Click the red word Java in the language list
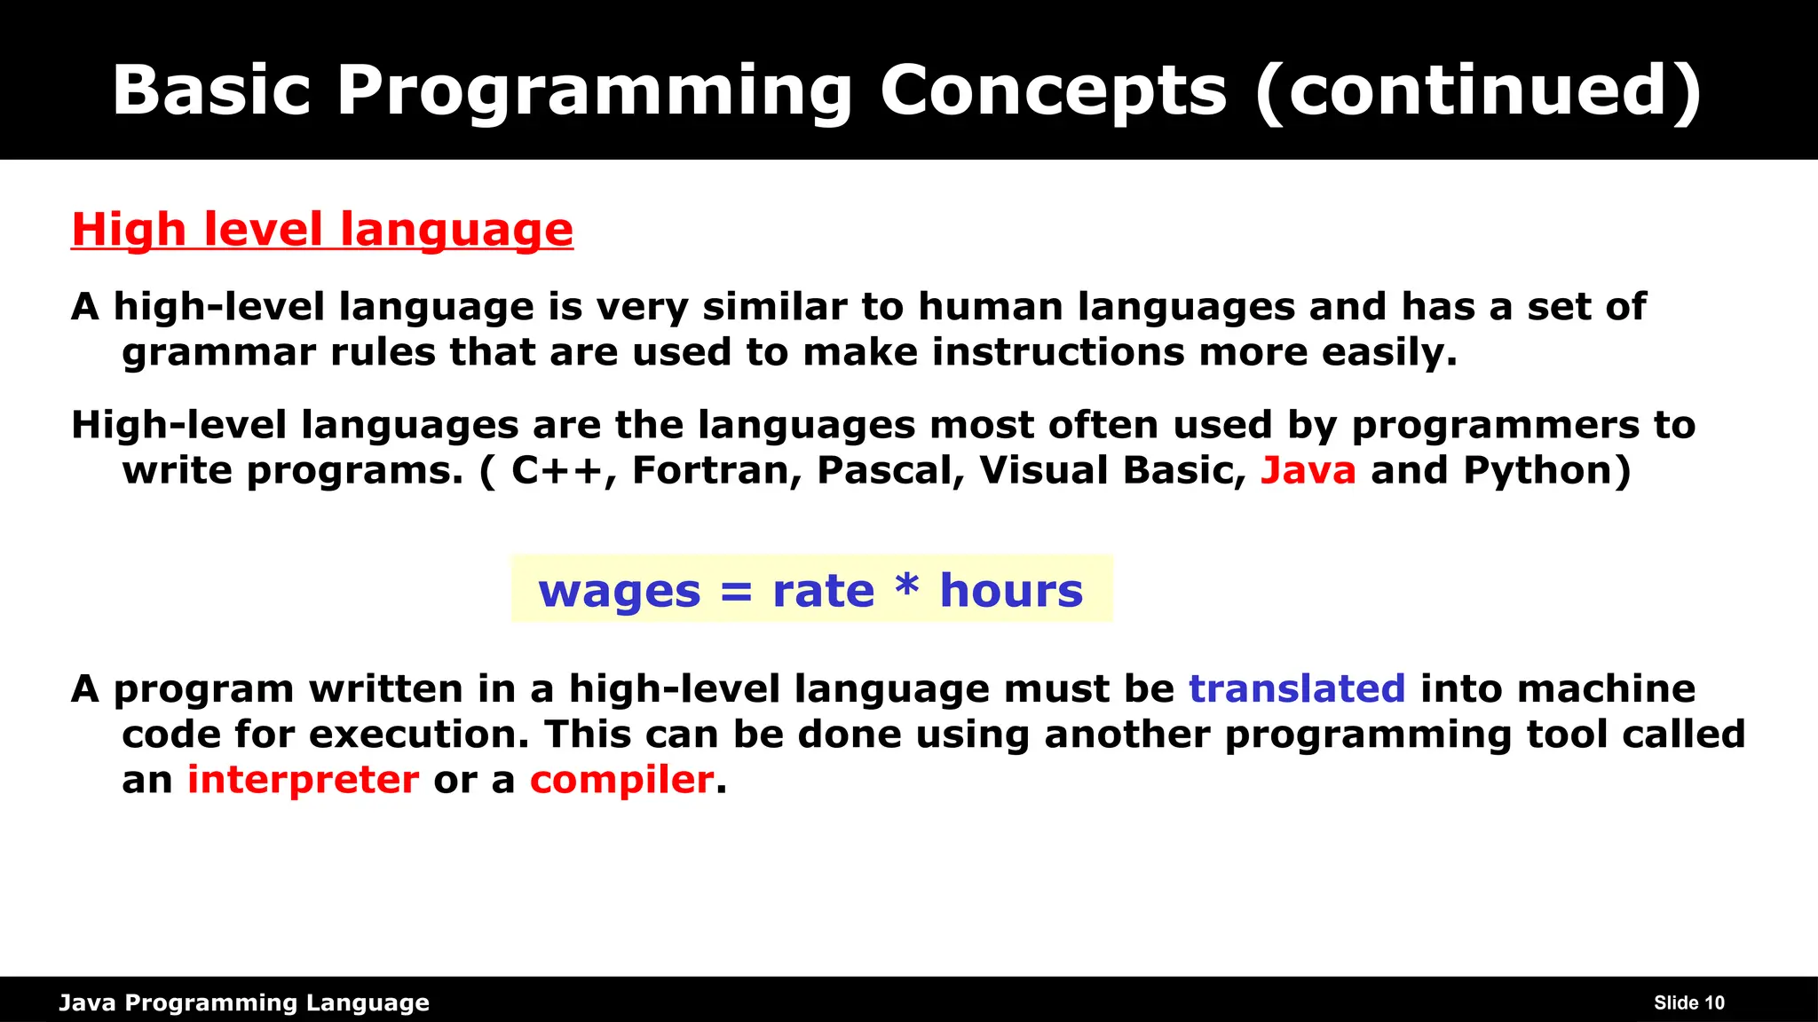[1308, 470]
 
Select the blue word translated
[1296, 688]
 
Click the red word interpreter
[303, 780]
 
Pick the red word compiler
[621, 780]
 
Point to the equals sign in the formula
[737, 591]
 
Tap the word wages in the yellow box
[619, 591]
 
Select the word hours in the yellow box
[1011, 589]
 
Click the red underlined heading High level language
[322, 230]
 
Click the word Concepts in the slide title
[1053, 90]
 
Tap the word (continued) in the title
[1479, 90]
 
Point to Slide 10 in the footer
[1688, 1002]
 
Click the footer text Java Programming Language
[244, 1002]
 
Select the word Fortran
[710, 470]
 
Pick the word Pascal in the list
[885, 470]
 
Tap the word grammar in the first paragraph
[219, 352]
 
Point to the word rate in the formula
[823, 591]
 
